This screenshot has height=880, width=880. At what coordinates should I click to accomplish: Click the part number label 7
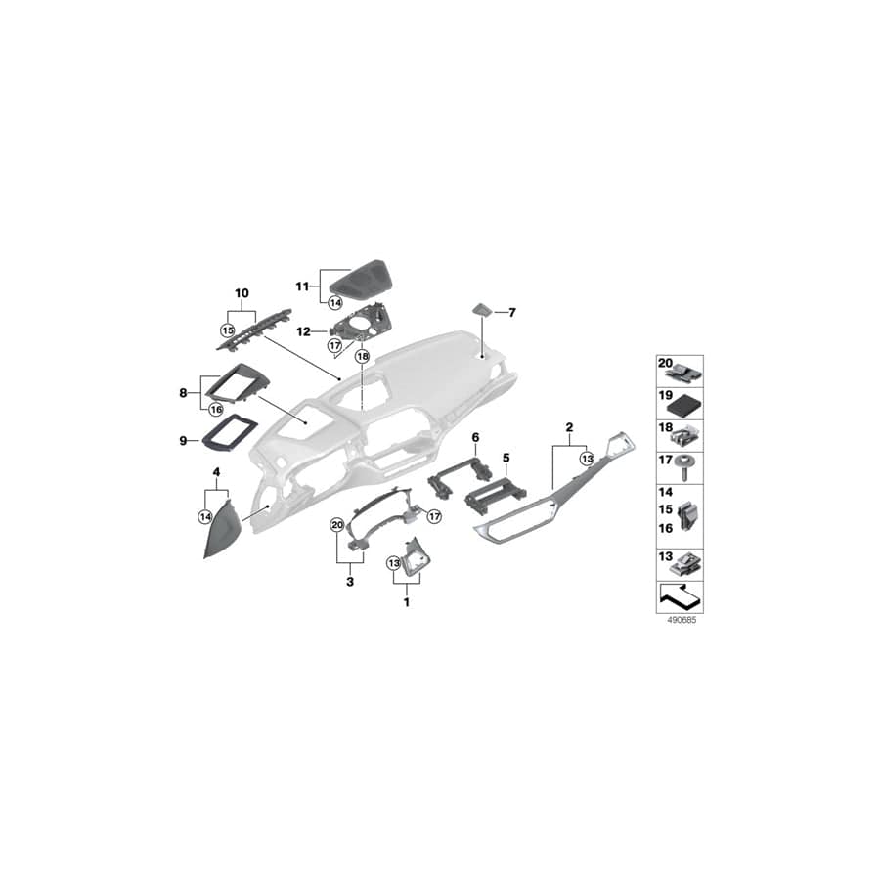512,313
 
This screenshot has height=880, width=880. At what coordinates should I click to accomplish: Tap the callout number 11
303,286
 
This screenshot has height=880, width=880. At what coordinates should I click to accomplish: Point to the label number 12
303,331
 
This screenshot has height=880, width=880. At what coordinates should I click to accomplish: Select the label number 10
242,292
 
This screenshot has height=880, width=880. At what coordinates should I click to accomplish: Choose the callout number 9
182,441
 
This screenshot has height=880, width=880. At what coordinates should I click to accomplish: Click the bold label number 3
349,580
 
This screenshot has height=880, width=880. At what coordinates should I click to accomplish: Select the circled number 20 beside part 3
336,525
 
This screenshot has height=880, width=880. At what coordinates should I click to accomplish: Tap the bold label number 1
407,602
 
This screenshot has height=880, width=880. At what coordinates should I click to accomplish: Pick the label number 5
506,457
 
